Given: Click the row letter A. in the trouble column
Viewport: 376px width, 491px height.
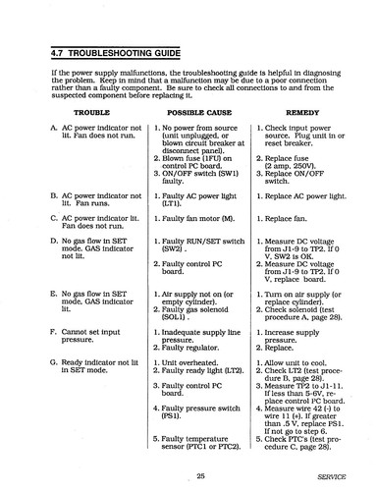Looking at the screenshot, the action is click(x=51, y=130).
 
